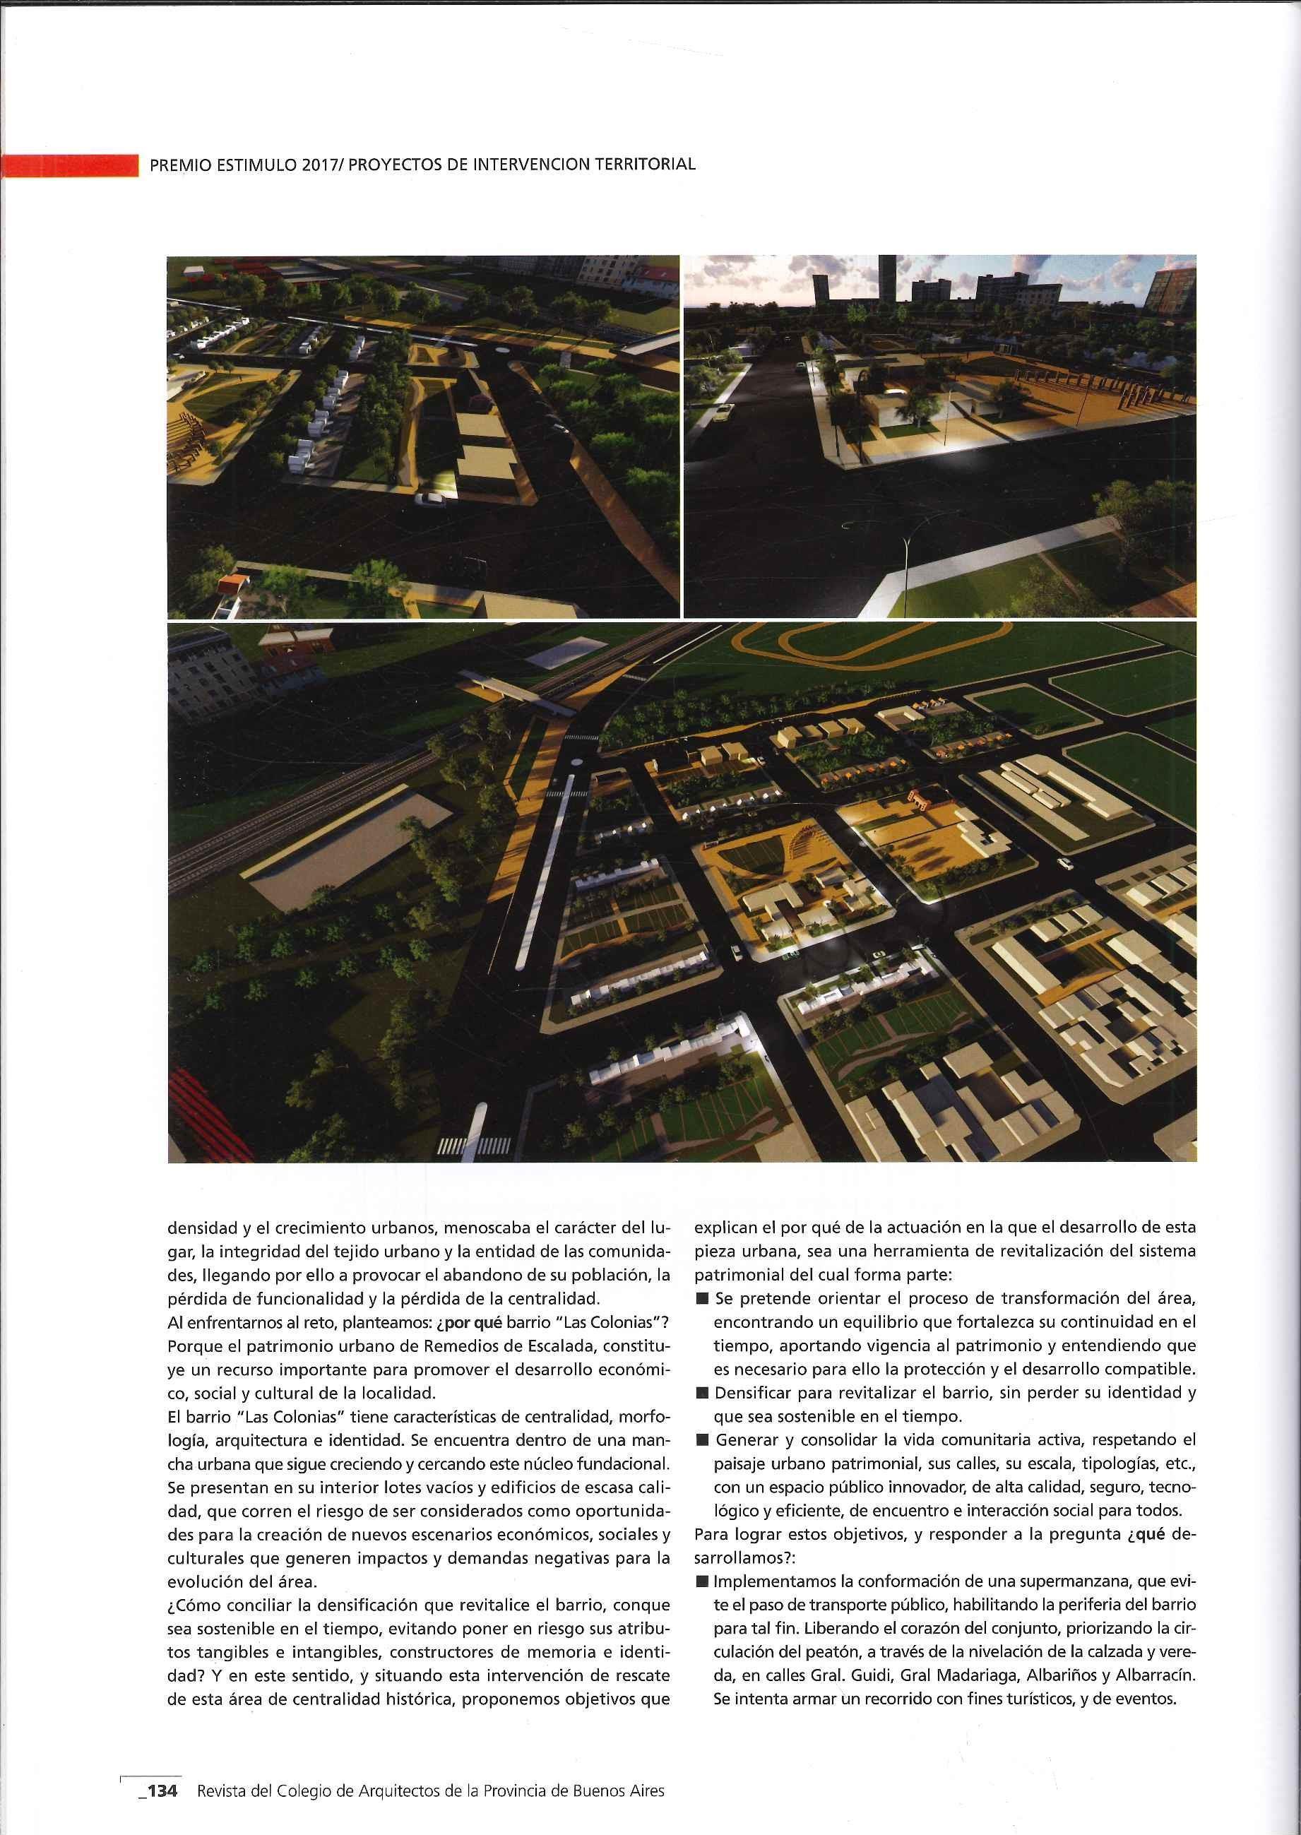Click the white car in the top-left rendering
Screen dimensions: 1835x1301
tap(431, 500)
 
